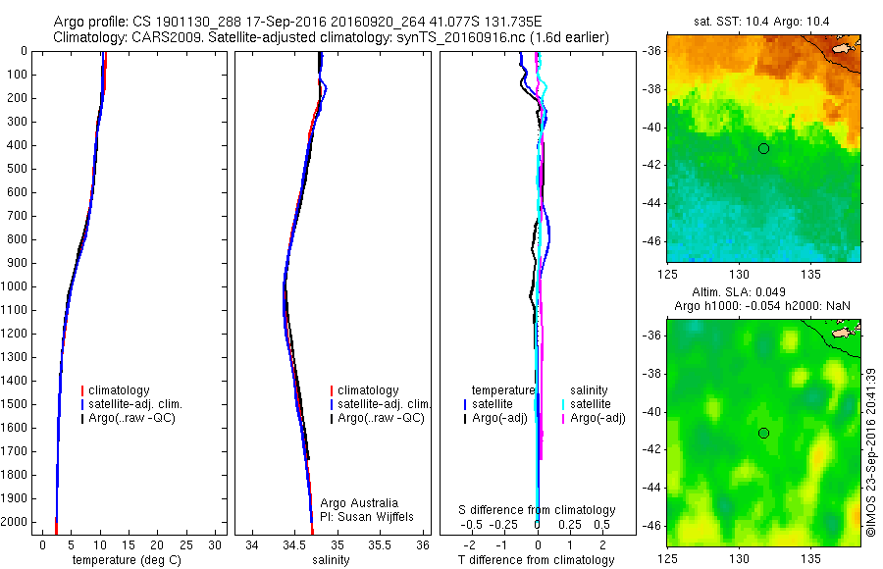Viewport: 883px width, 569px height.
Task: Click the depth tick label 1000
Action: click(x=14, y=286)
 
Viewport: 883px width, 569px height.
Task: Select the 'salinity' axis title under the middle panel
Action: click(x=331, y=560)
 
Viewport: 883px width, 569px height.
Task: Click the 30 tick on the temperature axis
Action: click(x=216, y=544)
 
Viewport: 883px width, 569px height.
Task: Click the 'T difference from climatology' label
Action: click(x=536, y=560)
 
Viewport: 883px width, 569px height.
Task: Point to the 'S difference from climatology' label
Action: click(x=538, y=510)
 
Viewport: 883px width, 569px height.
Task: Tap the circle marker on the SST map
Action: click(x=763, y=148)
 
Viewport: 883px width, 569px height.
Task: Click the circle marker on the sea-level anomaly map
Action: click(x=763, y=433)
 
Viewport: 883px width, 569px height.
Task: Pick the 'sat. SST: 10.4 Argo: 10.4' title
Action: click(x=762, y=21)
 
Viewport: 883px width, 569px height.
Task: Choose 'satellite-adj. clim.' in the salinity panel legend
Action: click(x=384, y=404)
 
